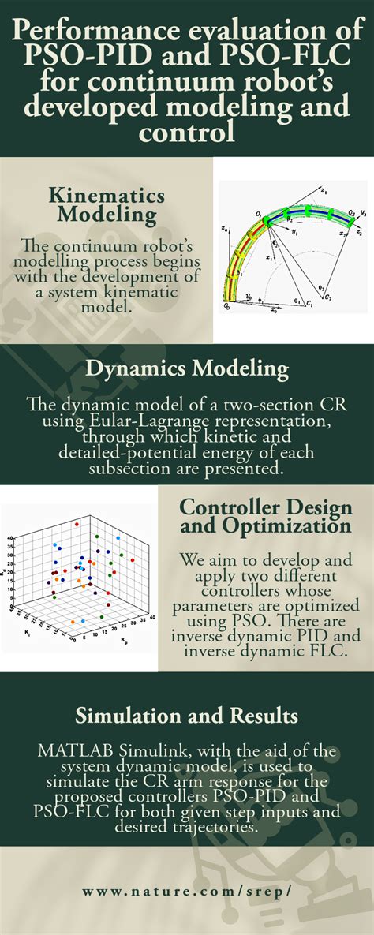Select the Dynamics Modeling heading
click(x=187, y=368)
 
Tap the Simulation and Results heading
click(x=186, y=716)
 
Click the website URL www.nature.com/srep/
click(x=187, y=891)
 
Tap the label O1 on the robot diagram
click(x=257, y=213)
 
